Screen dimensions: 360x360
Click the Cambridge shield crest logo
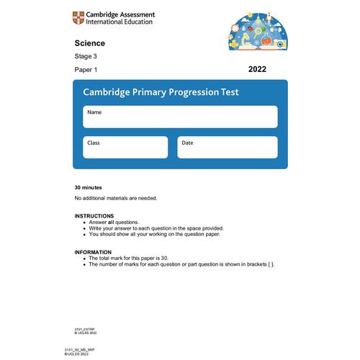click(78, 17)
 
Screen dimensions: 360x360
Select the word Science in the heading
click(89, 43)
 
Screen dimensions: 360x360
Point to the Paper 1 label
click(86, 70)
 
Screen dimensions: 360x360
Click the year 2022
click(257, 69)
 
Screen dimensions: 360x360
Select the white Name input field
click(179, 117)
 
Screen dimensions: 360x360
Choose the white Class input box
click(125, 147)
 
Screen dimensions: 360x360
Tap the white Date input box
click(227, 147)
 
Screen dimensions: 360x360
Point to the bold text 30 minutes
click(89, 187)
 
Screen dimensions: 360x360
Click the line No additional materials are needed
click(115, 198)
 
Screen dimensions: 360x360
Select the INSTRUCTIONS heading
click(94, 216)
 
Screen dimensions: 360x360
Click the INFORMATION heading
click(93, 252)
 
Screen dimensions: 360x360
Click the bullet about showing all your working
click(154, 234)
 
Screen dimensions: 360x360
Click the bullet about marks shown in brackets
click(181, 264)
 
